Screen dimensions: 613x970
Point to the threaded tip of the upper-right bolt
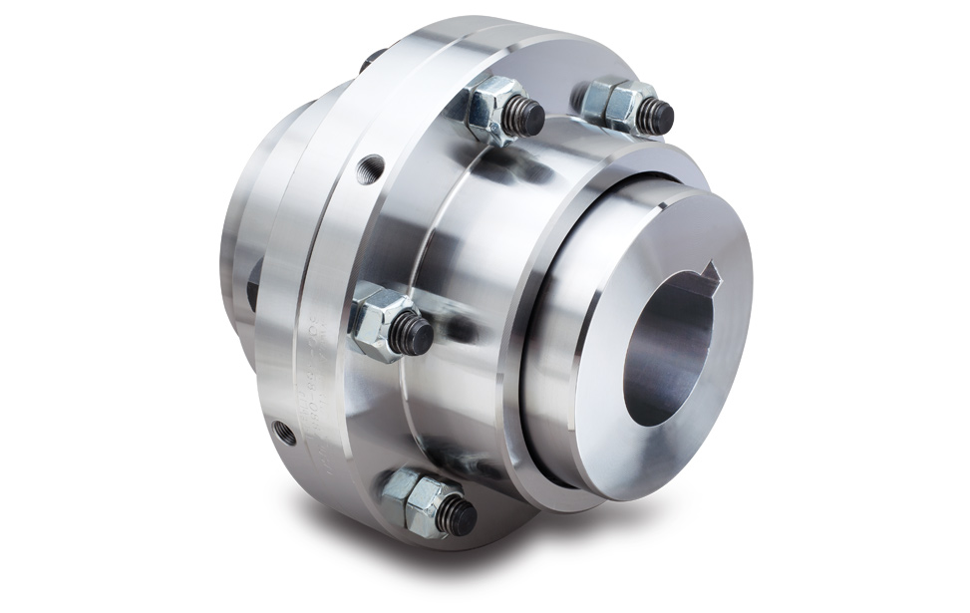pos(654,117)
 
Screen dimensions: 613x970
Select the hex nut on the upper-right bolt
pos(611,102)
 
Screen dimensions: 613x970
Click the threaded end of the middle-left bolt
pos(411,333)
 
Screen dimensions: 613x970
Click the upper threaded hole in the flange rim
pos(375,162)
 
